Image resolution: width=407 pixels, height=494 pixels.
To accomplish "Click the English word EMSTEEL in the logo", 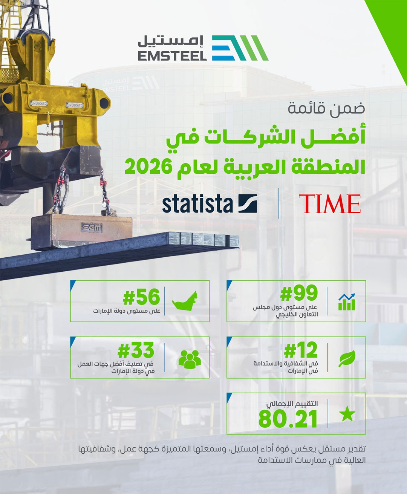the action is click(172, 56).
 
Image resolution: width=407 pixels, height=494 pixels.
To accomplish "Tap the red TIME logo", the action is click(330, 204).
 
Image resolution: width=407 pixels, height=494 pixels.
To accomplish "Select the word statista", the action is click(197, 204).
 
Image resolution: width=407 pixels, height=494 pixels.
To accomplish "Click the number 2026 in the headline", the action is click(148, 167).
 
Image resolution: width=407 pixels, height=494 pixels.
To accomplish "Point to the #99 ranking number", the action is click(299, 292).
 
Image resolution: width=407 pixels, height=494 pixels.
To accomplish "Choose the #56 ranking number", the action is click(141, 297).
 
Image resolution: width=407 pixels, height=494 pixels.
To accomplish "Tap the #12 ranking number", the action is click(301, 350).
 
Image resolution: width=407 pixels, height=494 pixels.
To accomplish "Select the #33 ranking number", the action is click(136, 350).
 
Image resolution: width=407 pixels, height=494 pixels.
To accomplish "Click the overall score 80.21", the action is click(288, 419).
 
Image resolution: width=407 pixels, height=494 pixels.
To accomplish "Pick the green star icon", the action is click(347, 414).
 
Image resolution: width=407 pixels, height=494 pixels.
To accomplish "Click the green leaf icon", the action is click(347, 358).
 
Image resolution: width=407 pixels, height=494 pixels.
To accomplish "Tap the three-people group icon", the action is click(190, 359).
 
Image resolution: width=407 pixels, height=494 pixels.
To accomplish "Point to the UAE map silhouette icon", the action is click(185, 301).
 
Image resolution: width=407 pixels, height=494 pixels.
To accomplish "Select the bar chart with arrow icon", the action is click(347, 302).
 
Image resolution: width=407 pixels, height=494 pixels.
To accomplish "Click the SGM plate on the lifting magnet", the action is click(92, 228).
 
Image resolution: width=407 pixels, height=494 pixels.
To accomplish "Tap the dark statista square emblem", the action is click(248, 203).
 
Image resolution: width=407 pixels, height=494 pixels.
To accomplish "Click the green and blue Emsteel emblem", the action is click(240, 48).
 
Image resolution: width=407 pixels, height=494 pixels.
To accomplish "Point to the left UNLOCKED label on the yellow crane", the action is click(39, 103).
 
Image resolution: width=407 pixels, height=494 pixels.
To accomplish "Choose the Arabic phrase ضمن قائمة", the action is click(326, 109).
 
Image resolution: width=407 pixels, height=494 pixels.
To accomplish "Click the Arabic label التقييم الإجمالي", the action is click(292, 404).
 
